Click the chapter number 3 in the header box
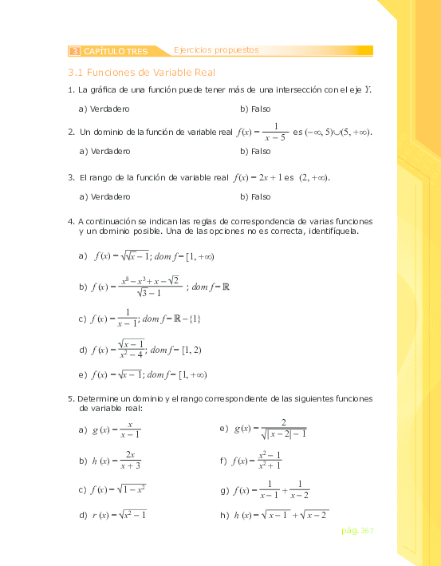[75, 51]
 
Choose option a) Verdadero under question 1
[105, 108]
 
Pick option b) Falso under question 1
[255, 108]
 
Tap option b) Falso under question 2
[255, 150]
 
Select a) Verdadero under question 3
[105, 196]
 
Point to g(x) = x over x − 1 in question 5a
[116, 429]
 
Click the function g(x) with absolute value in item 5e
[271, 429]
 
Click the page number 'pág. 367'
[356, 530]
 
